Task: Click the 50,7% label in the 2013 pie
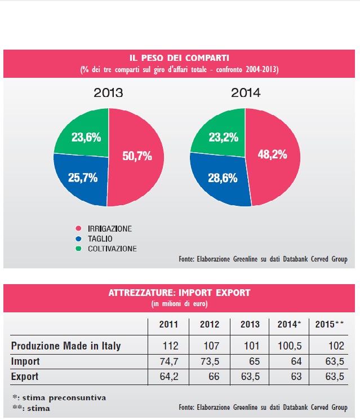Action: pos(136,156)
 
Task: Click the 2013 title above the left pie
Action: pos(109,92)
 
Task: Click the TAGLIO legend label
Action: pos(101,238)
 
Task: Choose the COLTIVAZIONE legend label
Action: pos(112,248)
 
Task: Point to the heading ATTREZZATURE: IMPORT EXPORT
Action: pos(180,293)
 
